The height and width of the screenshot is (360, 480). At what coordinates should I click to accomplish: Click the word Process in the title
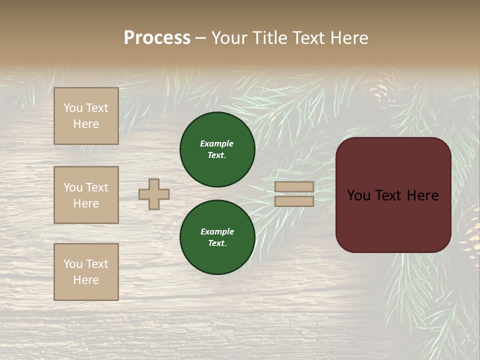[157, 38]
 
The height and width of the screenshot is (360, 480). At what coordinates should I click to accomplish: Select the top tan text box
[86, 116]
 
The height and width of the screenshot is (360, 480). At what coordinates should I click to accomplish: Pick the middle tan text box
[86, 195]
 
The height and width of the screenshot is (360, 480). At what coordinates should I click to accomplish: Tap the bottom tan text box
[86, 272]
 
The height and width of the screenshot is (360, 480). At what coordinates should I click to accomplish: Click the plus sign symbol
[154, 194]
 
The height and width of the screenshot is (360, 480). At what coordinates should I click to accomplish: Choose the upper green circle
[217, 149]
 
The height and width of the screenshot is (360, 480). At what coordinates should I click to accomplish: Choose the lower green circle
[217, 237]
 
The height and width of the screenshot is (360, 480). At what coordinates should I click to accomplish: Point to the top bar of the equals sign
[294, 186]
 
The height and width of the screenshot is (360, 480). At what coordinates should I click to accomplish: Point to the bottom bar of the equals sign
[294, 201]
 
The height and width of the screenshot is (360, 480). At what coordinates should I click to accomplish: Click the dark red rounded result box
[393, 195]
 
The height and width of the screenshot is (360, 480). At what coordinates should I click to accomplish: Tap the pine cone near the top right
[378, 88]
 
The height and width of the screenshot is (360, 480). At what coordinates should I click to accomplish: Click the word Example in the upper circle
[216, 143]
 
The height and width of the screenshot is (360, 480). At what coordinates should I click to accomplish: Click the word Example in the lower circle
[217, 231]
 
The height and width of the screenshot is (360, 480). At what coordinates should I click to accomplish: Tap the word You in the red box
[358, 195]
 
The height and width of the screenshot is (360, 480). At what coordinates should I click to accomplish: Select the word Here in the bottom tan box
[86, 280]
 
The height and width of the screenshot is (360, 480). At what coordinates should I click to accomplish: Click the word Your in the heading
[230, 38]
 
